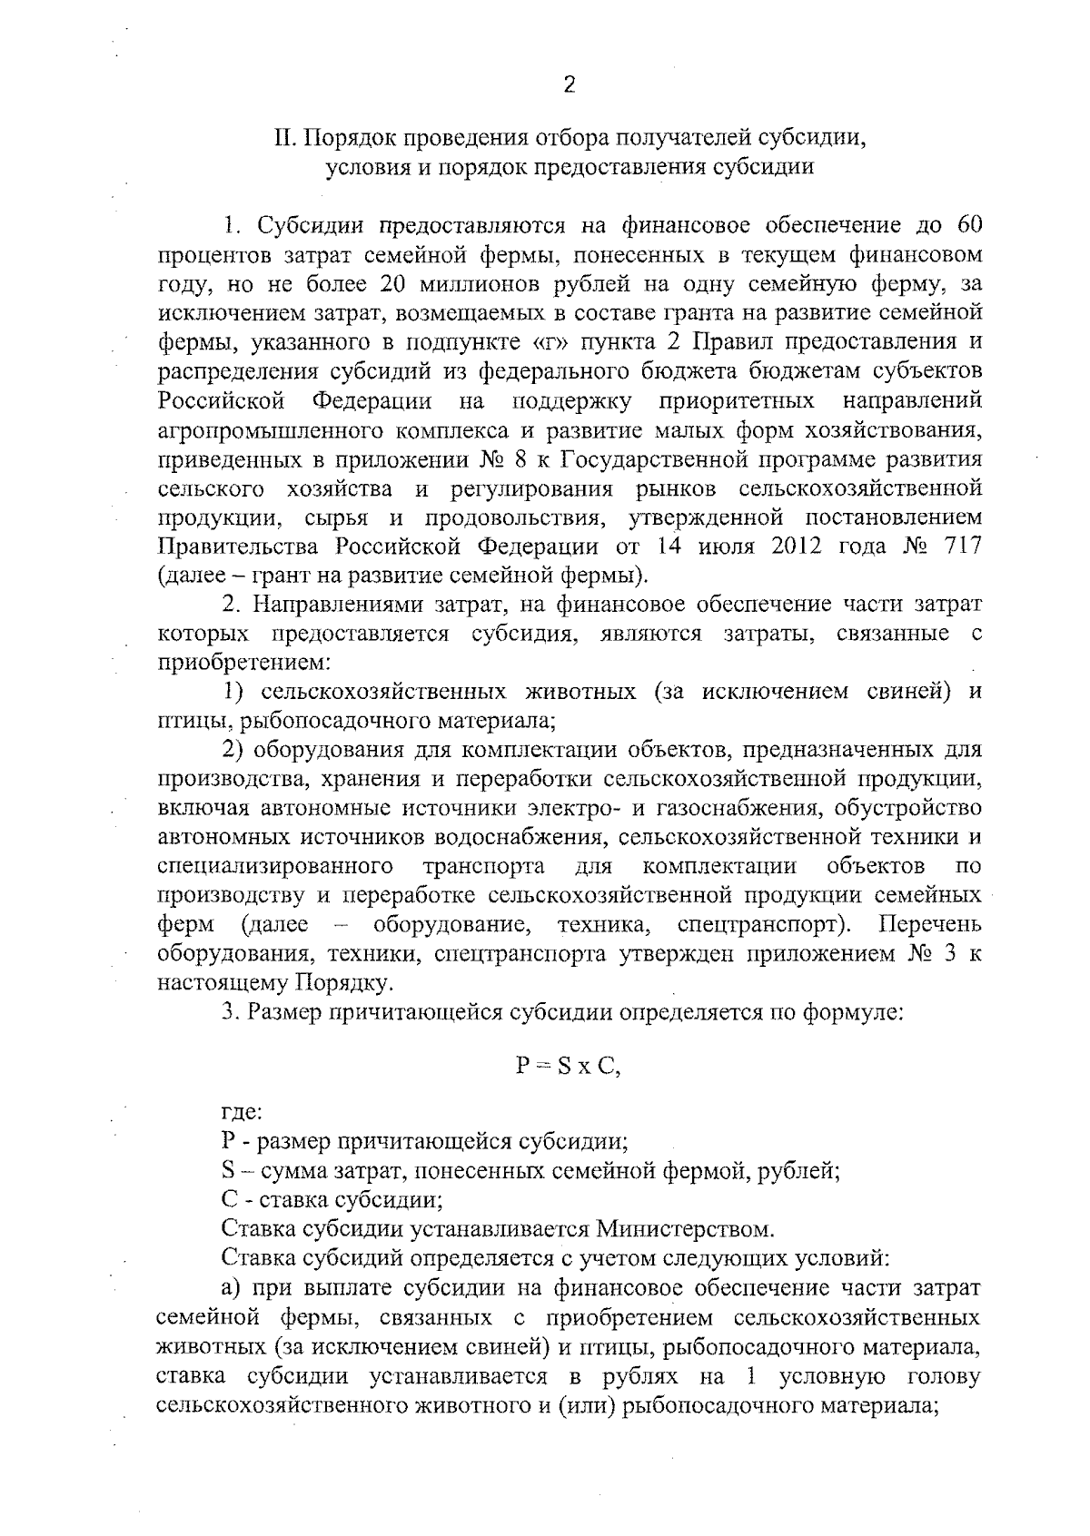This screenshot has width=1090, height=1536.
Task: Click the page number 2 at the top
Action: [570, 85]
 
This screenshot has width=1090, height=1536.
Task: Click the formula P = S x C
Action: [569, 1067]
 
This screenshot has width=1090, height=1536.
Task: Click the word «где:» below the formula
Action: [243, 1111]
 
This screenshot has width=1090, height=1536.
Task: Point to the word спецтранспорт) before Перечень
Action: [765, 925]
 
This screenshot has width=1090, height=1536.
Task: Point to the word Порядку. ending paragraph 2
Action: [344, 983]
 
